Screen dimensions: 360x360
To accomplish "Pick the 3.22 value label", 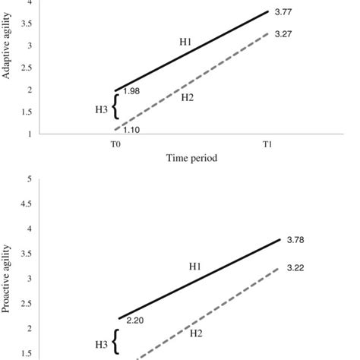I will pos(296,267).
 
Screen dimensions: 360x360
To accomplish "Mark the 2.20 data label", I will pos(135,321).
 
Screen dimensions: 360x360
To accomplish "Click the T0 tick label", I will pos(115,144).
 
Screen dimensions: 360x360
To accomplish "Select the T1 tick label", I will pos(268,144).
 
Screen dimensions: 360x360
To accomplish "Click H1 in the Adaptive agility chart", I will pos(185,42).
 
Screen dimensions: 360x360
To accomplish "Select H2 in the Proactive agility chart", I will pos(195,333).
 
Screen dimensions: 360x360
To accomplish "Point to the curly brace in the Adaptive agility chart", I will pos(115,107).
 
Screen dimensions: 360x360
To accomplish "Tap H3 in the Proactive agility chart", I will pos(102,345).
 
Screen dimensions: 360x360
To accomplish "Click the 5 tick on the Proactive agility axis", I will pos(28,179).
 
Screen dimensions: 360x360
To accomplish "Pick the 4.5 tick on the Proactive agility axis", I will pos(26,204).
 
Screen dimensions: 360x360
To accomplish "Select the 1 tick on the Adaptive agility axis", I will pos(28,134).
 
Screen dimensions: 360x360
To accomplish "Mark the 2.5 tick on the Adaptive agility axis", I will pos(26,68).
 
